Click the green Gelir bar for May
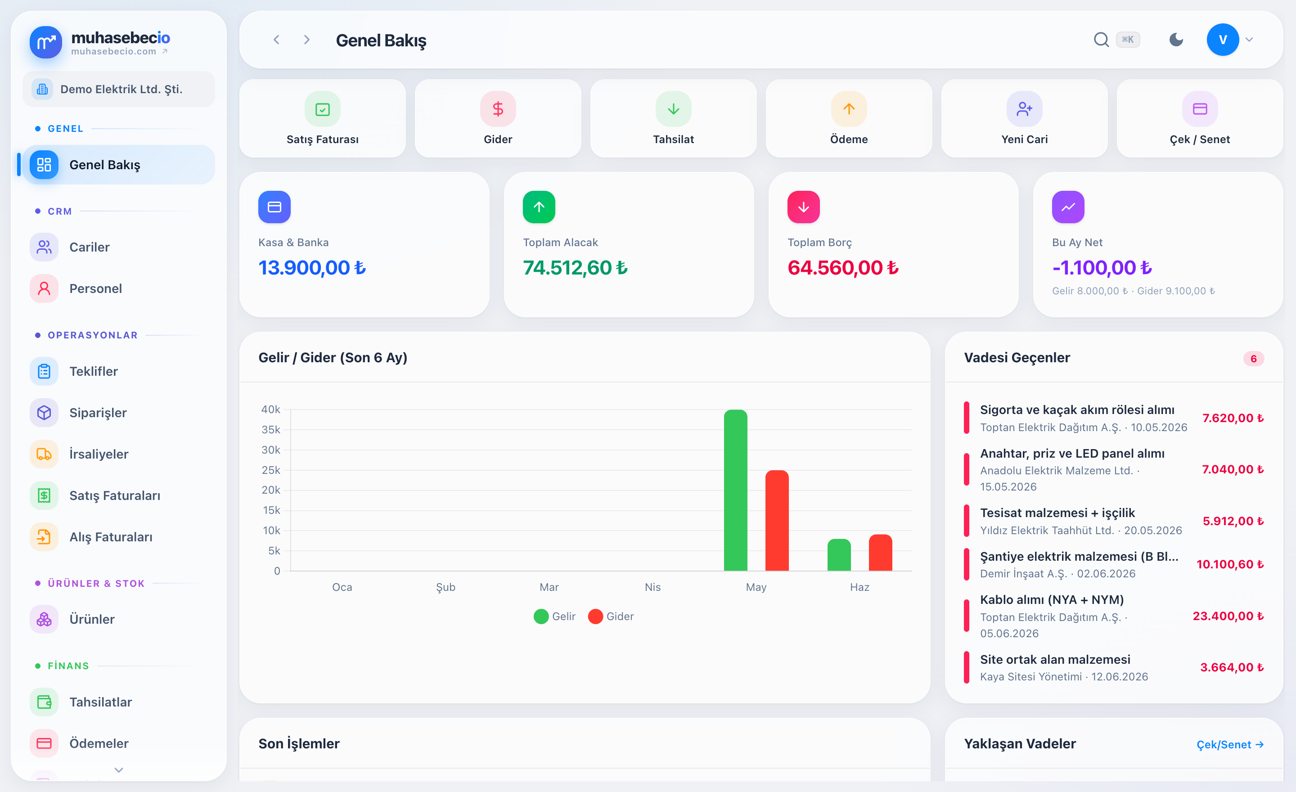tap(735, 490)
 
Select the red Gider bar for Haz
tap(881, 553)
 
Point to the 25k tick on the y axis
tap(271, 470)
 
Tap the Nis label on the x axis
tap(653, 587)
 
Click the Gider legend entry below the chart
tap(611, 616)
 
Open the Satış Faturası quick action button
tap(322, 118)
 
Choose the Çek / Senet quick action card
tap(1200, 118)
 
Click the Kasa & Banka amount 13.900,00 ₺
tap(312, 268)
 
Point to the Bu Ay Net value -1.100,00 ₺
tap(1102, 268)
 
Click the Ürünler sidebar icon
tap(44, 619)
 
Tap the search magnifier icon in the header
tap(1101, 40)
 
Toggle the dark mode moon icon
tap(1176, 40)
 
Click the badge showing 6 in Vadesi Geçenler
tap(1253, 359)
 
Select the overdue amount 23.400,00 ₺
tap(1228, 616)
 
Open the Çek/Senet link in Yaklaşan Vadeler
tap(1230, 744)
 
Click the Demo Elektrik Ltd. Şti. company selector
tap(119, 89)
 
